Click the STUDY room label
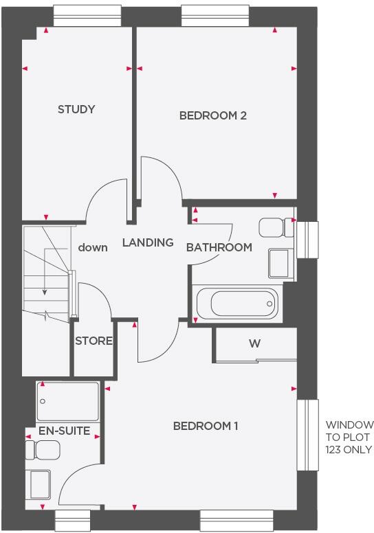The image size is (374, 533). (76, 109)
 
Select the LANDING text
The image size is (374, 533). (147, 242)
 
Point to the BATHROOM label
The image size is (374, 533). (219, 247)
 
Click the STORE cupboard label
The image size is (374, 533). (93, 341)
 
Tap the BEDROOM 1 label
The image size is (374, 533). (205, 426)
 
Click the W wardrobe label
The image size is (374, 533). (254, 343)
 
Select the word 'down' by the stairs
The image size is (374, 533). (93, 247)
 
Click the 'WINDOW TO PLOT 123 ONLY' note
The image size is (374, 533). (349, 437)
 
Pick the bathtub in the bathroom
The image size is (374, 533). (236, 303)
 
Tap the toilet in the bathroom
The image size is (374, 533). (275, 227)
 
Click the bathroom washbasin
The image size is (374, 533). (278, 264)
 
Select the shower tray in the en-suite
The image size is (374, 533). (69, 402)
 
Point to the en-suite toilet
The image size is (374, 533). (43, 451)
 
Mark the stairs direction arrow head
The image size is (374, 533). (45, 291)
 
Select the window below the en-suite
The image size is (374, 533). (73, 520)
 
